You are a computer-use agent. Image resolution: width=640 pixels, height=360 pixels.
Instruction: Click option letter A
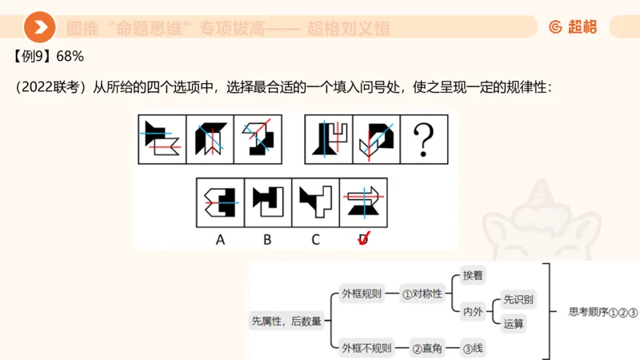coord(220,238)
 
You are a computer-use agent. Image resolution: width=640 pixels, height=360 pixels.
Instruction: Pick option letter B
coord(268,238)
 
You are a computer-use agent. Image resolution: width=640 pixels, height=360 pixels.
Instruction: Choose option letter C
coord(316,238)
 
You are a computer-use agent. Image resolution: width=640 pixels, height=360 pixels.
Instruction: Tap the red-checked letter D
coord(364,238)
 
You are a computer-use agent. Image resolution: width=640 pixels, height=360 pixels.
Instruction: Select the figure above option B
coord(268,202)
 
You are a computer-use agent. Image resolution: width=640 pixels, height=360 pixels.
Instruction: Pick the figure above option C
coord(316,202)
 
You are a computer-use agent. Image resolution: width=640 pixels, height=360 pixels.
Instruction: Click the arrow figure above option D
coord(364,202)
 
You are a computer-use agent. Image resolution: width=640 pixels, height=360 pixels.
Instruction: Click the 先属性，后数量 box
coord(286,321)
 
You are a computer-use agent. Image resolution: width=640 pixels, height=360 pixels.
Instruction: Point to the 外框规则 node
coord(362,294)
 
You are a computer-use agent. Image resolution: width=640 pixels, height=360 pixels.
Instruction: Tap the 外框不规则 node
coord(367,348)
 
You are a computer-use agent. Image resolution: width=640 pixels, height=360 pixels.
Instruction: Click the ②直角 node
coord(428,348)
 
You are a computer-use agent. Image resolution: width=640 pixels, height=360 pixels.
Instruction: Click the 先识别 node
coord(518,300)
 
